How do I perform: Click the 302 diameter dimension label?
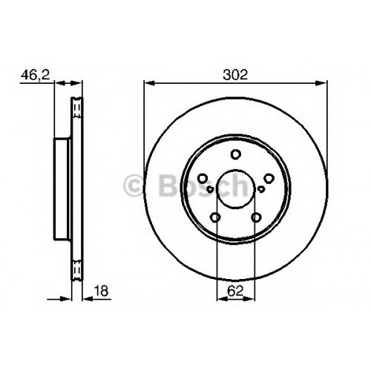click(x=235, y=75)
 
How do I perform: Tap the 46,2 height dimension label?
click(x=35, y=75)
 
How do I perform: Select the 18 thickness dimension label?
click(x=102, y=291)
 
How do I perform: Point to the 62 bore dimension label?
click(x=235, y=291)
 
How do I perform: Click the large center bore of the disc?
click(x=235, y=189)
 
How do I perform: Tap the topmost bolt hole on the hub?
click(x=236, y=154)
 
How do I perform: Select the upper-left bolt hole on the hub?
click(x=203, y=178)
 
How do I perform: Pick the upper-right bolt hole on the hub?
click(x=269, y=178)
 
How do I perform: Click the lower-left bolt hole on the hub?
click(x=215, y=217)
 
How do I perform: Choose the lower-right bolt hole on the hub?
click(x=256, y=217)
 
